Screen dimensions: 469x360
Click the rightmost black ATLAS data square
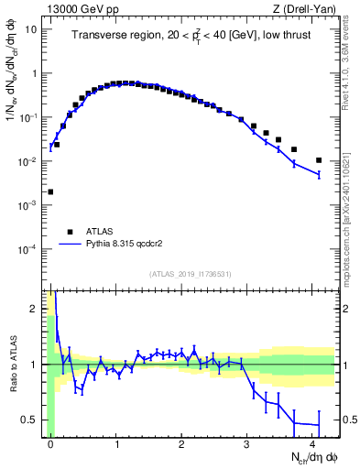coord(319,160)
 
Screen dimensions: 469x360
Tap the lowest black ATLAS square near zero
coord(50,192)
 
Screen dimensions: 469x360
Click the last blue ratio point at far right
coord(319,425)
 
